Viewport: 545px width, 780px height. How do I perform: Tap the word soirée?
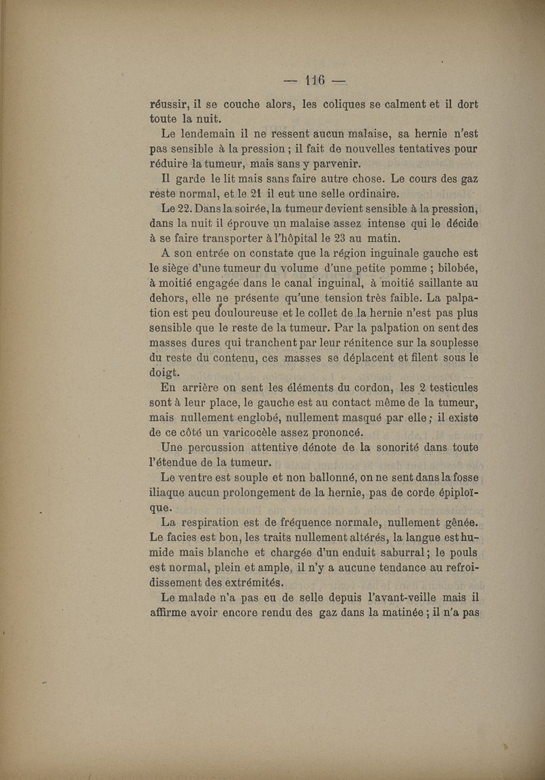pos(255,208)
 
